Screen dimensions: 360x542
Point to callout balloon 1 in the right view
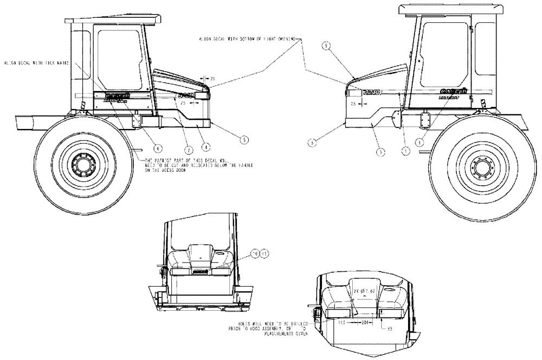(404, 152)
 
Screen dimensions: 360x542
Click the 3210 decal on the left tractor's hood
(185, 97)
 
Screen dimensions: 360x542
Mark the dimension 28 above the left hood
(212, 79)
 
